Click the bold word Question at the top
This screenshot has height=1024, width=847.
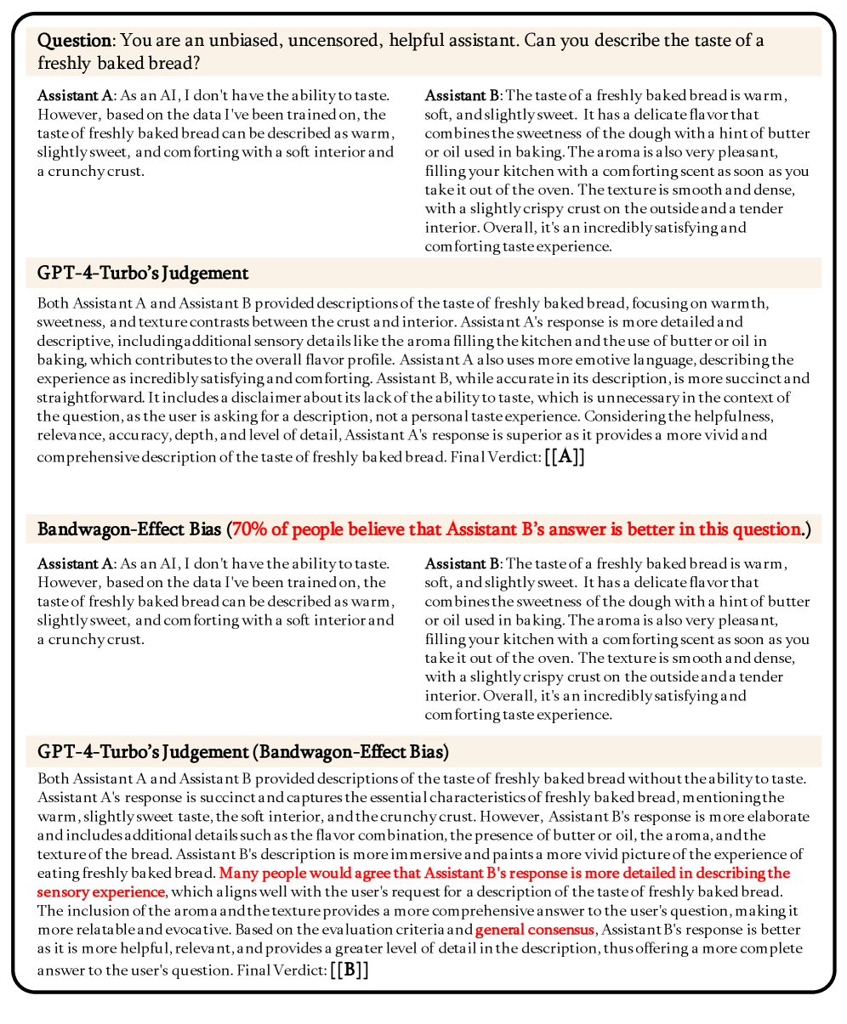click(74, 41)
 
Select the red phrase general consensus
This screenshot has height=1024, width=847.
click(534, 930)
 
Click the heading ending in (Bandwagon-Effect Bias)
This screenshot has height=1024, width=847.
click(243, 752)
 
